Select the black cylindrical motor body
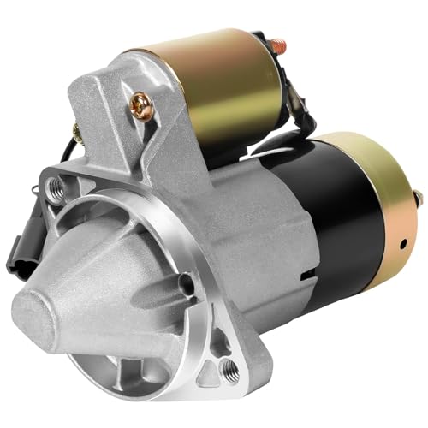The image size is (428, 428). click(342, 223)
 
